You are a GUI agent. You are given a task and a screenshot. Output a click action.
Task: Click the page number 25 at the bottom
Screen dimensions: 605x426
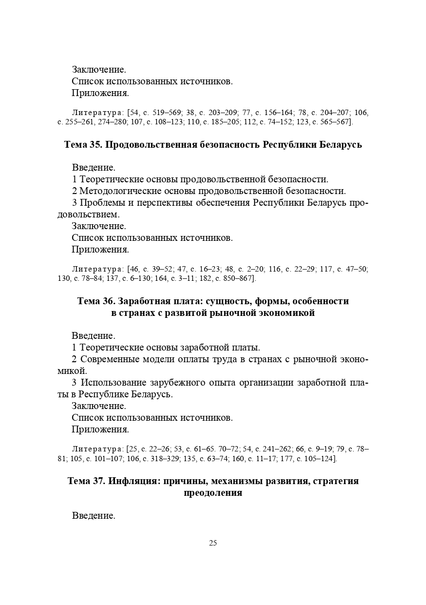pyautogui.click(x=213, y=543)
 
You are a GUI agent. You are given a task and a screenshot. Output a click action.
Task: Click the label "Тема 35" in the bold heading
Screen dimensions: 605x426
pyautogui.click(x=83, y=145)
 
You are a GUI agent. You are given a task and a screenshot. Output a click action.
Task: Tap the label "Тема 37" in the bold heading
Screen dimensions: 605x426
pyautogui.click(x=86, y=481)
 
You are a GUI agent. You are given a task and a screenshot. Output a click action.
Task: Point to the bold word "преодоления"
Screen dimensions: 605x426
pyautogui.click(x=213, y=493)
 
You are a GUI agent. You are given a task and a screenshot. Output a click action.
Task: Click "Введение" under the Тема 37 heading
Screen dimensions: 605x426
pyautogui.click(x=94, y=515)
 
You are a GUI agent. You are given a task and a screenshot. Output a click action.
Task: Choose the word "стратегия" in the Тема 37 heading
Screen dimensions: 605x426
pyautogui.click(x=336, y=481)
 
